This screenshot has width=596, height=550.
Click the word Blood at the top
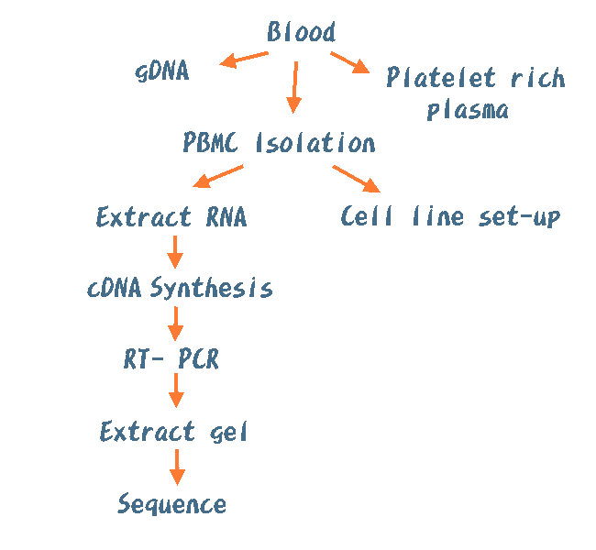(301, 33)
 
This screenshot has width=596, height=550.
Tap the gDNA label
(161, 71)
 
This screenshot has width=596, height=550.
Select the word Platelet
(440, 78)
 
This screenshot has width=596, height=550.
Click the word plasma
(468, 111)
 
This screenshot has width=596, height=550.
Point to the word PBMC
(211, 143)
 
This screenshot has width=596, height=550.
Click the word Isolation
(315, 143)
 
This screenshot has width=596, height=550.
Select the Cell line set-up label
(449, 217)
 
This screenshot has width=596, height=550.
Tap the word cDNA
(115, 289)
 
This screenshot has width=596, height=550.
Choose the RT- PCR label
(171, 359)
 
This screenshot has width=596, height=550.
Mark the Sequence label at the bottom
(171, 503)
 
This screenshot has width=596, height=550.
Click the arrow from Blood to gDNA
(243, 60)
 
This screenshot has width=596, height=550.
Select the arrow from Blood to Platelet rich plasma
(349, 62)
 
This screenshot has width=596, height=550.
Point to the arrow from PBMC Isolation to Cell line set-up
(357, 179)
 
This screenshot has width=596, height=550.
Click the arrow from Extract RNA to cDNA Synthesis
(174, 251)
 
